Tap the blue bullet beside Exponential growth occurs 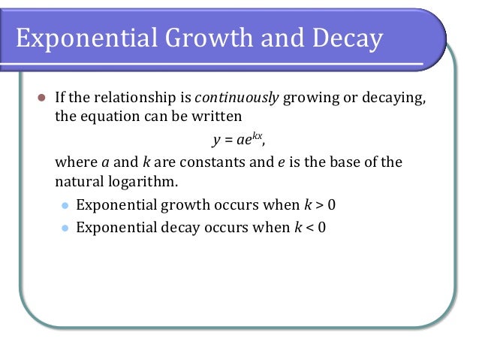click(65, 204)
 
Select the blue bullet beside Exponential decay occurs click(65, 227)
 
